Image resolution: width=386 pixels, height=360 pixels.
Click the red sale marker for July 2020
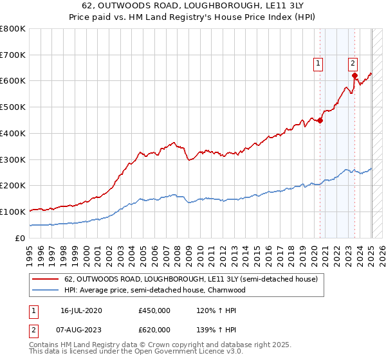click(320, 120)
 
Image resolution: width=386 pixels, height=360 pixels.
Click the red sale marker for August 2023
click(354, 76)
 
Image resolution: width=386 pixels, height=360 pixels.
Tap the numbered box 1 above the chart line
click(318, 63)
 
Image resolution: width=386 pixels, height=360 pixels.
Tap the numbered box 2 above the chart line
click(353, 63)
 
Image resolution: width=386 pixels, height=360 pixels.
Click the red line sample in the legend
click(45, 280)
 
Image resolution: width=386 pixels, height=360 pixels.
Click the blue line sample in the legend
click(45, 290)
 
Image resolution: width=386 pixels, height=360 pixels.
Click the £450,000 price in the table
click(154, 310)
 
